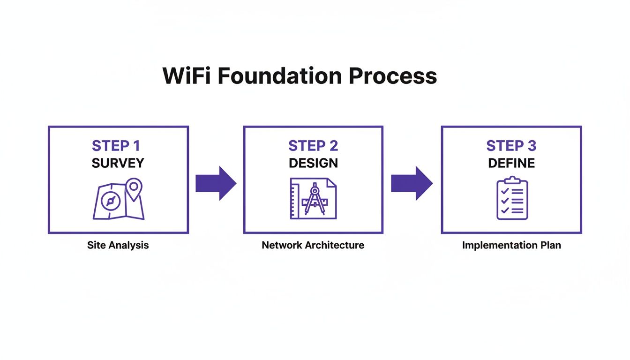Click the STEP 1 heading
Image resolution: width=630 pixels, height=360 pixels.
point(116,146)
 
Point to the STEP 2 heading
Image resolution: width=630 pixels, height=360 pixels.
point(313,146)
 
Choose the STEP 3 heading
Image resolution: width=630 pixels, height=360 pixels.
point(511,146)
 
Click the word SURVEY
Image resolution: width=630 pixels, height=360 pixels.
point(118,163)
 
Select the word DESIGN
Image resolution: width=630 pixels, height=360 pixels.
point(313,163)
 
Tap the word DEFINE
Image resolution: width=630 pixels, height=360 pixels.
point(511,163)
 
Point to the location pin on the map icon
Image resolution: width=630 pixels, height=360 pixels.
point(134,188)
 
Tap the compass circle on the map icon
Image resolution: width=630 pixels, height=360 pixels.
point(111,201)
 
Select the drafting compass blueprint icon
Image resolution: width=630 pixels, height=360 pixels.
point(313,198)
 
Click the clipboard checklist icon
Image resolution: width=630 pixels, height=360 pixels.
point(512,199)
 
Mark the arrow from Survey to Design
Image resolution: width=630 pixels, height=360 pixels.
point(216,183)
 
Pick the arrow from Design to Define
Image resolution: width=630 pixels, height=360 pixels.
point(412,183)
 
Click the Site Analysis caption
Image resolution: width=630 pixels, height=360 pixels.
point(118,245)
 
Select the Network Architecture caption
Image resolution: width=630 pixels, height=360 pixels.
point(313,245)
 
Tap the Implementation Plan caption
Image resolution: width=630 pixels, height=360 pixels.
point(511,245)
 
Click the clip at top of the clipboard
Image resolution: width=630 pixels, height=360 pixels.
point(512,180)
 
